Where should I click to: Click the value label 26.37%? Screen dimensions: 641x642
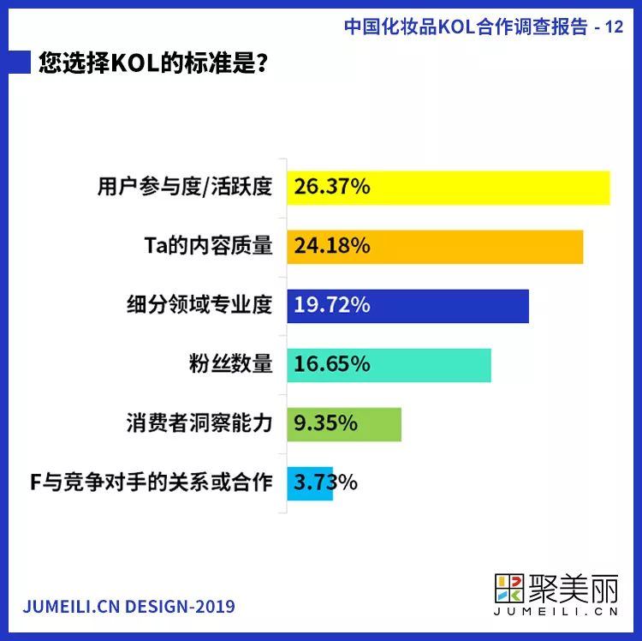pyautogui.click(x=332, y=188)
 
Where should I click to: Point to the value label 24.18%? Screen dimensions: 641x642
pyautogui.click(x=332, y=247)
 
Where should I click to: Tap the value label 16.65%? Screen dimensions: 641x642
pyautogui.click(x=332, y=364)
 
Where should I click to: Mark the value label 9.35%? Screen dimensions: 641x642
pyautogui.click(x=326, y=423)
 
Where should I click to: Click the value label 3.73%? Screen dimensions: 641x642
pyautogui.click(x=325, y=482)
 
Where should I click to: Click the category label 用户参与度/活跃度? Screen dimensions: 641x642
pyautogui.click(x=185, y=188)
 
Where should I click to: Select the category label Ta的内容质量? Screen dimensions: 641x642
pyautogui.click(x=208, y=247)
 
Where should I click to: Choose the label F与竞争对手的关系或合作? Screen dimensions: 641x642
pyautogui.click(x=152, y=482)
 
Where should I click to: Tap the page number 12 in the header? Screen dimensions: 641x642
pyautogui.click(x=614, y=27)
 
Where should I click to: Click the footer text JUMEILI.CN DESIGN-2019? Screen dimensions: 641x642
pyautogui.click(x=128, y=606)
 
